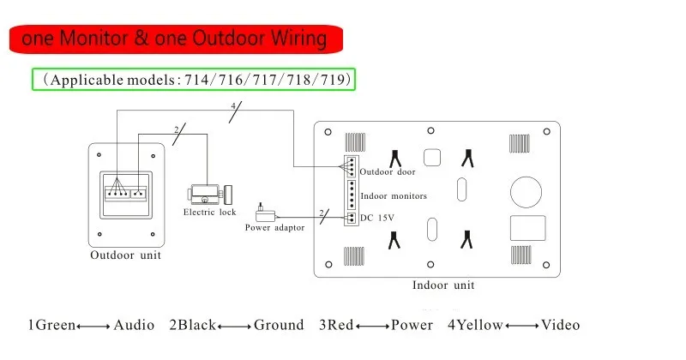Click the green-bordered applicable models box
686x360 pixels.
click(195, 80)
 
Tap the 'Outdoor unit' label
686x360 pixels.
click(125, 255)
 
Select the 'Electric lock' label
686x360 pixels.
click(209, 212)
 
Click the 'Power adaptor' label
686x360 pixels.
click(274, 227)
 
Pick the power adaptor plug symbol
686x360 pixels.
click(262, 211)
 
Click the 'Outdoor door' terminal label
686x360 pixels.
click(388, 172)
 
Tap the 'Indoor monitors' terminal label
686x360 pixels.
click(393, 195)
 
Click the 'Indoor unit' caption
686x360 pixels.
click(443, 285)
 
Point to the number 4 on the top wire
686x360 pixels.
click(232, 107)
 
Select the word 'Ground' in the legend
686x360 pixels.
click(279, 325)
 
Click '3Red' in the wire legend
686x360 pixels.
click(336, 325)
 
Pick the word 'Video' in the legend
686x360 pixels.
click(561, 325)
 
